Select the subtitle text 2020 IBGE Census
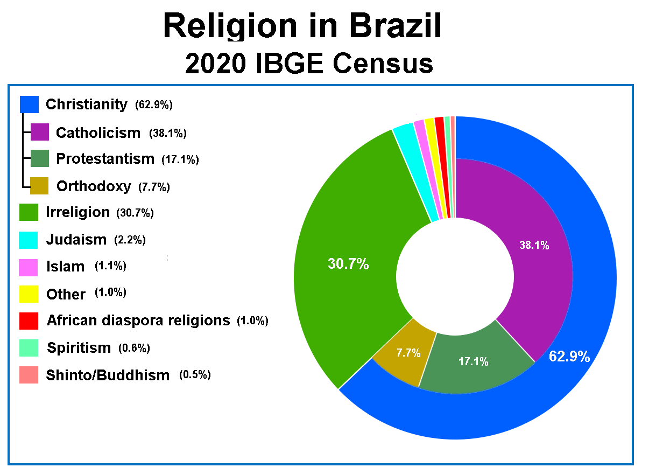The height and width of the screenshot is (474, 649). click(309, 64)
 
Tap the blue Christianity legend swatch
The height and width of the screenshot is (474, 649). click(29, 104)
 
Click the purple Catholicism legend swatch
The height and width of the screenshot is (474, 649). click(40, 132)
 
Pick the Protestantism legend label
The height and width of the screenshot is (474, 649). click(105, 159)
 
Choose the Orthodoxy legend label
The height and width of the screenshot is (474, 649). click(94, 186)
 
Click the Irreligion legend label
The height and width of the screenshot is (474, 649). click(78, 212)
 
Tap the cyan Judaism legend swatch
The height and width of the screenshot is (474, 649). click(29, 240)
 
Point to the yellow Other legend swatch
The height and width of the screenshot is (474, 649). click(29, 294)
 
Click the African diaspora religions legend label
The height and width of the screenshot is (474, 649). click(138, 320)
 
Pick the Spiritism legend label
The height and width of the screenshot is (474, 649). click(79, 348)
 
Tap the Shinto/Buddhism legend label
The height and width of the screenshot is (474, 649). click(108, 375)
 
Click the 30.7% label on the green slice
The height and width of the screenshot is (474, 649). click(348, 264)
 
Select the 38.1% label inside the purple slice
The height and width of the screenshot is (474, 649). click(534, 246)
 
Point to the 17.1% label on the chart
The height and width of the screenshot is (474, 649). click(474, 361)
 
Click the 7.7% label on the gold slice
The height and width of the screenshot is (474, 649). click(408, 353)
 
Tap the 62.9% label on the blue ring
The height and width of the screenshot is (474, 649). click(569, 357)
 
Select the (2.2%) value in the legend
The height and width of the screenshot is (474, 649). click(130, 240)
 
